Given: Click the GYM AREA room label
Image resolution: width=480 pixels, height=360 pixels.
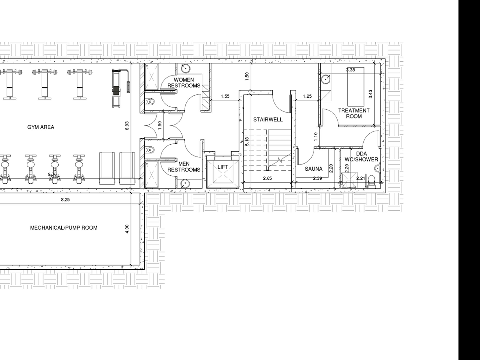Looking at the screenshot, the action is click(x=41, y=127).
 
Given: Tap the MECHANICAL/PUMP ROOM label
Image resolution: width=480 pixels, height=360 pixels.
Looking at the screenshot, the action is click(x=64, y=228).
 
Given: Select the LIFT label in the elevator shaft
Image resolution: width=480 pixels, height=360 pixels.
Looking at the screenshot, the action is click(x=223, y=167).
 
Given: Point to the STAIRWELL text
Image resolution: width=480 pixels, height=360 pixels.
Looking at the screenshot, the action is click(x=268, y=120).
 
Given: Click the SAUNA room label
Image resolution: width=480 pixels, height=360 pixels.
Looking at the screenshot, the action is click(x=314, y=169).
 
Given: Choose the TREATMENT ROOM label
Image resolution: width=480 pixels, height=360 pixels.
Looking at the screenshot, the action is click(x=354, y=113).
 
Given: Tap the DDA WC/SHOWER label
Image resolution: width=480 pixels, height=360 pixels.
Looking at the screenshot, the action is click(x=361, y=156).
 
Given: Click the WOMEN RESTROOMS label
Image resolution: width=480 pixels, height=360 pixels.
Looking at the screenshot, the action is click(x=184, y=83).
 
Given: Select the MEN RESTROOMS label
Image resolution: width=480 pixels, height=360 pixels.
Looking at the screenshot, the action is click(x=184, y=167).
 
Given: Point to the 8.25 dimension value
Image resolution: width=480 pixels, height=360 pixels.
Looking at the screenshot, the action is click(x=65, y=200).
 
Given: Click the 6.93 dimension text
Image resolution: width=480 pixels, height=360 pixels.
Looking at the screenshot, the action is click(x=127, y=126).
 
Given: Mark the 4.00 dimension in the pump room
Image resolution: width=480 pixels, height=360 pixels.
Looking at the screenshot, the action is click(x=127, y=229).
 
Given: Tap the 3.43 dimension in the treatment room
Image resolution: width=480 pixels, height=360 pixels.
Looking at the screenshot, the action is click(x=370, y=94).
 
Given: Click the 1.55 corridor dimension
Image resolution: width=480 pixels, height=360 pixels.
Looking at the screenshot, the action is click(x=225, y=96).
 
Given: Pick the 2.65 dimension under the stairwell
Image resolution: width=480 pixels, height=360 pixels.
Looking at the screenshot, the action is click(x=268, y=178).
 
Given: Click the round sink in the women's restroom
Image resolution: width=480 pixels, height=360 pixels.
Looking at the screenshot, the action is click(x=186, y=68).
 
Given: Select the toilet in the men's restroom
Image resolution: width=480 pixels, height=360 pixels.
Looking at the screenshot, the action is click(x=150, y=150).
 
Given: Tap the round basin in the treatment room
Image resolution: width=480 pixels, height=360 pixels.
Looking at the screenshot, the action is click(x=326, y=79).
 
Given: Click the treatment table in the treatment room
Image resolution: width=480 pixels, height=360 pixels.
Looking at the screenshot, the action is click(x=356, y=87).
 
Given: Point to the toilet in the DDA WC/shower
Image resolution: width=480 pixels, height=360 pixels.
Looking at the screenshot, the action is click(x=371, y=181).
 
